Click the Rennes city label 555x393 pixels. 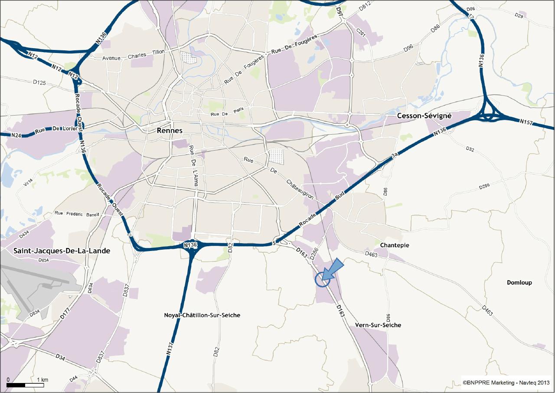(170, 130)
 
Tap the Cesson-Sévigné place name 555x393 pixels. (424, 116)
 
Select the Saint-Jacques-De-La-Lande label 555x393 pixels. (62, 251)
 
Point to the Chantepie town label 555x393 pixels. (394, 245)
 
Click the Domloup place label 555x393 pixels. (519, 283)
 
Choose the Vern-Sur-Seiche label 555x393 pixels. (378, 325)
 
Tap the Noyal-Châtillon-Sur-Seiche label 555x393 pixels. (202, 315)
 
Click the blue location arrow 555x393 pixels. (333, 270)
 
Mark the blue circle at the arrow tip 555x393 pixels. (323, 279)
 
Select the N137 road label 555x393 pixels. (170, 350)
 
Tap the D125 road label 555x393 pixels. (39, 82)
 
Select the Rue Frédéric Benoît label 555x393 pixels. (77, 214)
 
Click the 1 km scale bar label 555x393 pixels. (42, 380)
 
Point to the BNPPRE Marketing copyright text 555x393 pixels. (506, 383)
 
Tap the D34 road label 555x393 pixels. (60, 357)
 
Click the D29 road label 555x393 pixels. (519, 15)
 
